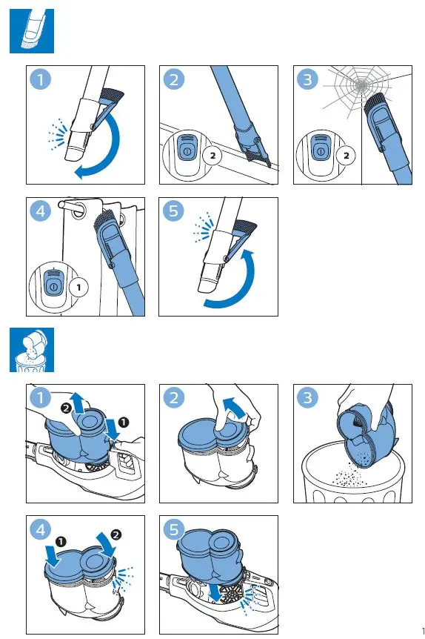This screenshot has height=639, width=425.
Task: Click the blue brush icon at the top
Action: click(32, 31)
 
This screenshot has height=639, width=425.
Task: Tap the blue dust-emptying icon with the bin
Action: click(32, 350)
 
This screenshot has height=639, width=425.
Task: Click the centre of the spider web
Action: click(361, 85)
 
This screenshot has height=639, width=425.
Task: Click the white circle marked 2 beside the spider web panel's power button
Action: click(346, 156)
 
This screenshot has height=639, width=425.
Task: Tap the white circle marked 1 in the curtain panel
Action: click(78, 288)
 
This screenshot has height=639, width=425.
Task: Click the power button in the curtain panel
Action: click(53, 286)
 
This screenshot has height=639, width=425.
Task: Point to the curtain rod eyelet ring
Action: click(76, 207)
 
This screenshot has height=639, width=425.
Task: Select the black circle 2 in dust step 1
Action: click(66, 408)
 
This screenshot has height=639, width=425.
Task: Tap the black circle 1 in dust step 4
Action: click(61, 542)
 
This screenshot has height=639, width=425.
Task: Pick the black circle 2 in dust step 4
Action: click(116, 534)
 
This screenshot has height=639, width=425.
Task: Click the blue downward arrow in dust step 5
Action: click(215, 590)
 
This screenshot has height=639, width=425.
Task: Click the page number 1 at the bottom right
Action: click(423, 631)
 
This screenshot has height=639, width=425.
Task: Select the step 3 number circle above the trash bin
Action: click(307, 397)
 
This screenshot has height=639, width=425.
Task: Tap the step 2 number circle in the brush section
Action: click(174, 79)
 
